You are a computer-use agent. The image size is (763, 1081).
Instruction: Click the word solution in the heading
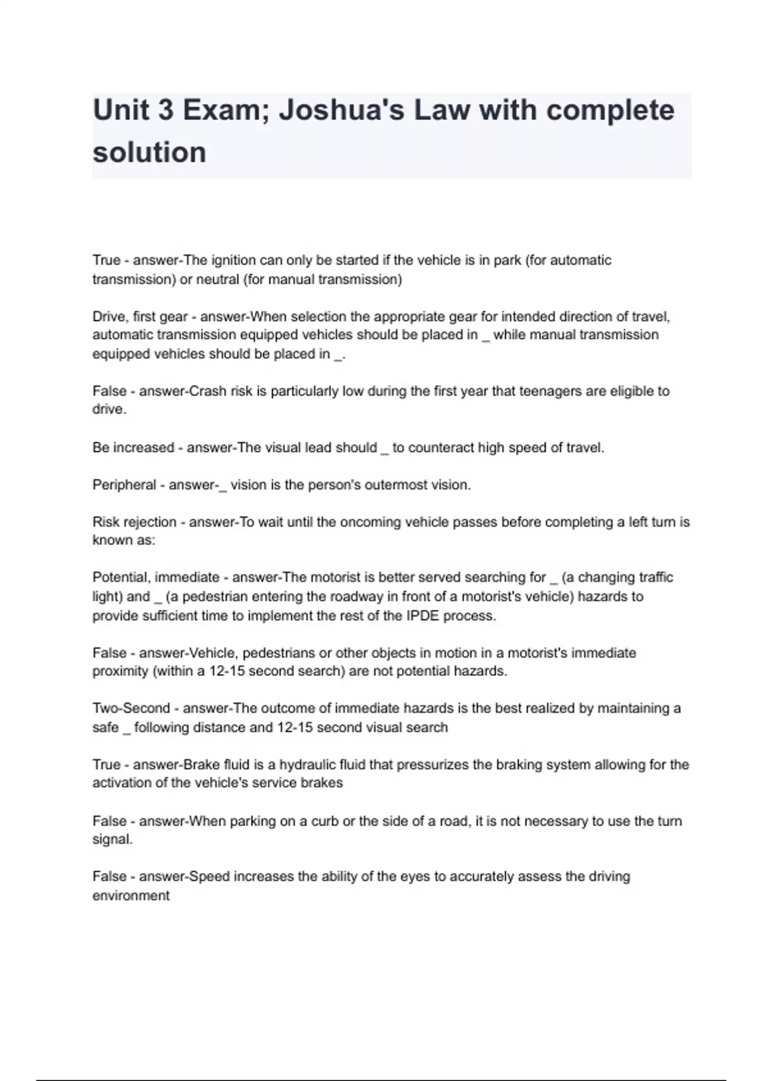point(149,153)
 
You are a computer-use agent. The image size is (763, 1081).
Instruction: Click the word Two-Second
point(132,708)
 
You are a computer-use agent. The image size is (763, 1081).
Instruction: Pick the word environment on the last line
point(131,895)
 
